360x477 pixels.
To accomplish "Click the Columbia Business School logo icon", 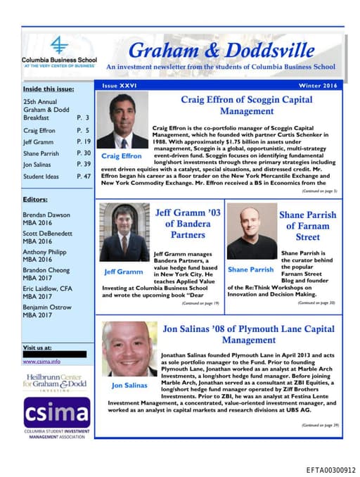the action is [x=60, y=46].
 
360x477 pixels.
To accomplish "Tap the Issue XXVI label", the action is [x=120, y=84].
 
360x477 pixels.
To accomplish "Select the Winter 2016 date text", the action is [x=319, y=84].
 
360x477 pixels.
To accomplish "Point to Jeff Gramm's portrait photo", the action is [x=124, y=231].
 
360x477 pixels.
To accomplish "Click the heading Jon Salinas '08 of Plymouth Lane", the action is [x=248, y=333].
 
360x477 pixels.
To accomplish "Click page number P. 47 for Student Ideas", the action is [x=84, y=176].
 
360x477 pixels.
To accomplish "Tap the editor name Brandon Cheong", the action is [x=46, y=269].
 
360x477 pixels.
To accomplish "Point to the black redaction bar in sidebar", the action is [x=54, y=354].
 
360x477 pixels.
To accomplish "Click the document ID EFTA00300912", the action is [x=330, y=469].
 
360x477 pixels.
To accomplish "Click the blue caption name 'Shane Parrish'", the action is [x=251, y=269].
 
